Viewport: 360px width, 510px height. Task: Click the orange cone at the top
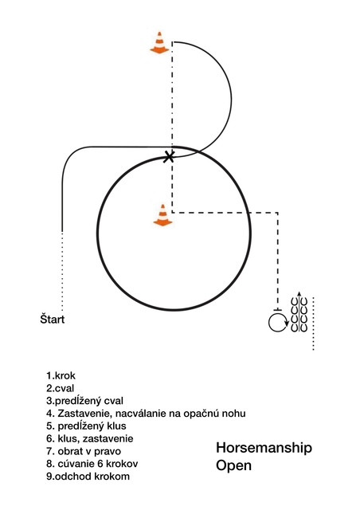(x=159, y=42)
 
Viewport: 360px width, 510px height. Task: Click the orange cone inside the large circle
(x=162, y=215)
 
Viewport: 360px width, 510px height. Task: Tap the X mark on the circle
(x=169, y=157)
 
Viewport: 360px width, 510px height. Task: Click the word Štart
(x=53, y=319)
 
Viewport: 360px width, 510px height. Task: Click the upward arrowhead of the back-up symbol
(x=299, y=294)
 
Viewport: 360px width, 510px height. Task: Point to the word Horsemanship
(x=264, y=448)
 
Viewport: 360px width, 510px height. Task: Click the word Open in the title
(x=233, y=465)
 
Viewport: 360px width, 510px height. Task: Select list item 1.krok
(x=61, y=375)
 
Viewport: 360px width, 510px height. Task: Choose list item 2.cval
(x=61, y=388)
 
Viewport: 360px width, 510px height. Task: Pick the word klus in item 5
(x=116, y=426)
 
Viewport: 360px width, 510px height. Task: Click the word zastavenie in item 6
(x=108, y=439)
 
